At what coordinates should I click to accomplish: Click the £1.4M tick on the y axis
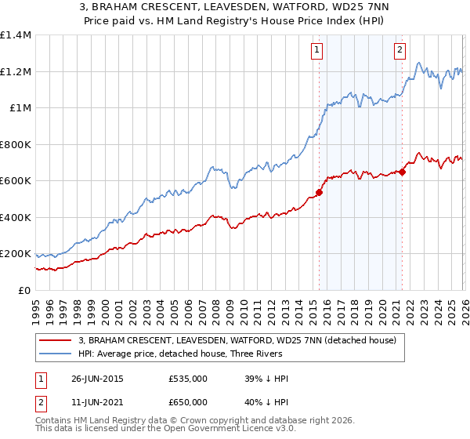coord(16,35)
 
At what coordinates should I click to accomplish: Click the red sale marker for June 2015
coord(319,192)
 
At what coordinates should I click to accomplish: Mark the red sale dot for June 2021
coord(402,172)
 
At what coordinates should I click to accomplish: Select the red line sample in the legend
coord(56,340)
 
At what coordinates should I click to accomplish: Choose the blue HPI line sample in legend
coord(56,354)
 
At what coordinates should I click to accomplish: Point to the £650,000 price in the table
coord(188,402)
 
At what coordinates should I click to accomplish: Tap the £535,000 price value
coord(188,379)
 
